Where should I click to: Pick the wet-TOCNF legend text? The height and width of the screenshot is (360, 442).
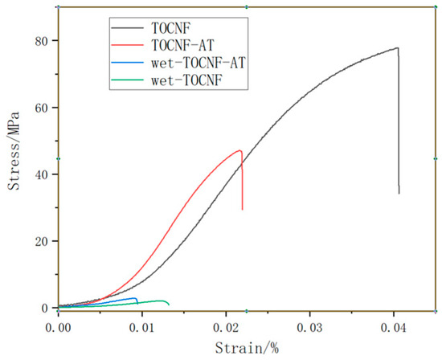pos(190,80)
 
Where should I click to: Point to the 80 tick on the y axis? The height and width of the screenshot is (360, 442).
pos(39,41)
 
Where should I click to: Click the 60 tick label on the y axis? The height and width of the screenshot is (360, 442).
pos(39,108)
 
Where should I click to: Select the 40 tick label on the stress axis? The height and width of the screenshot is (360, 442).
pos(39,174)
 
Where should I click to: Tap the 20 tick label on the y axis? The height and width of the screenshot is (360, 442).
pos(39,241)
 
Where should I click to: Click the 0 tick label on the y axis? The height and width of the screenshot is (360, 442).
pos(43,308)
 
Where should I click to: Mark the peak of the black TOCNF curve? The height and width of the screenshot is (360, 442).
pos(397,48)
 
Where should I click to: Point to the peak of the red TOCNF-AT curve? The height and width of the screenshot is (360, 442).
pos(240,151)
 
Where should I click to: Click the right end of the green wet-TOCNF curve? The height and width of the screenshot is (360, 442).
pos(169,305)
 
